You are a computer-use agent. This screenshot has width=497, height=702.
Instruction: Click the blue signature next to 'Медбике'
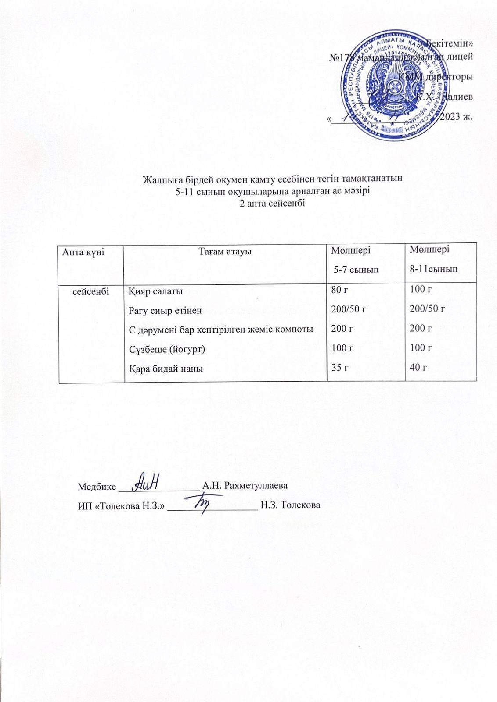(145, 481)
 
